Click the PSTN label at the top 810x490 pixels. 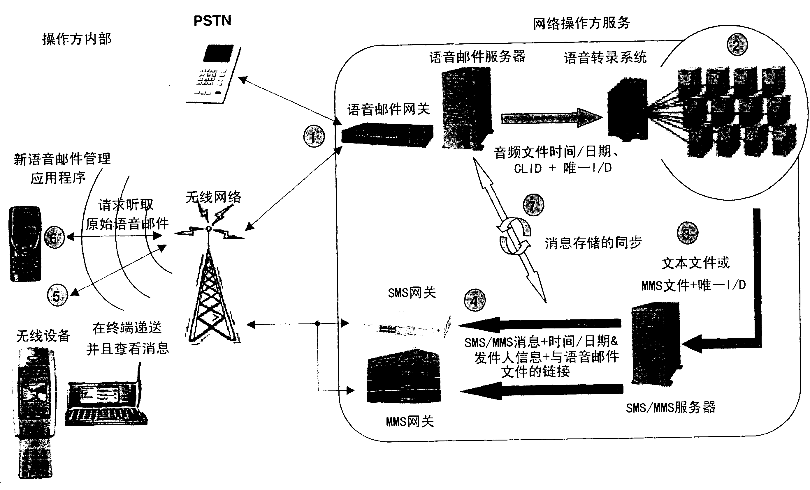(212, 21)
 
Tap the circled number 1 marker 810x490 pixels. (314, 136)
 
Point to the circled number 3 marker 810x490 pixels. (687, 233)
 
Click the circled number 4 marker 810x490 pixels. (474, 300)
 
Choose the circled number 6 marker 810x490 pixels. (54, 237)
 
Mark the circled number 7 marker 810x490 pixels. (533, 205)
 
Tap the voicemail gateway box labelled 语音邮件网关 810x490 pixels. (387, 135)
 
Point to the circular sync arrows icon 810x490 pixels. (514, 236)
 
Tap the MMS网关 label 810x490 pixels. (410, 421)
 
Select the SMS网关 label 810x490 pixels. (412, 293)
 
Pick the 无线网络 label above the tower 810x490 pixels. (213, 197)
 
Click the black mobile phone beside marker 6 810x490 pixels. (25, 244)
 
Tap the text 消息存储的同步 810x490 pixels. (593, 243)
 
